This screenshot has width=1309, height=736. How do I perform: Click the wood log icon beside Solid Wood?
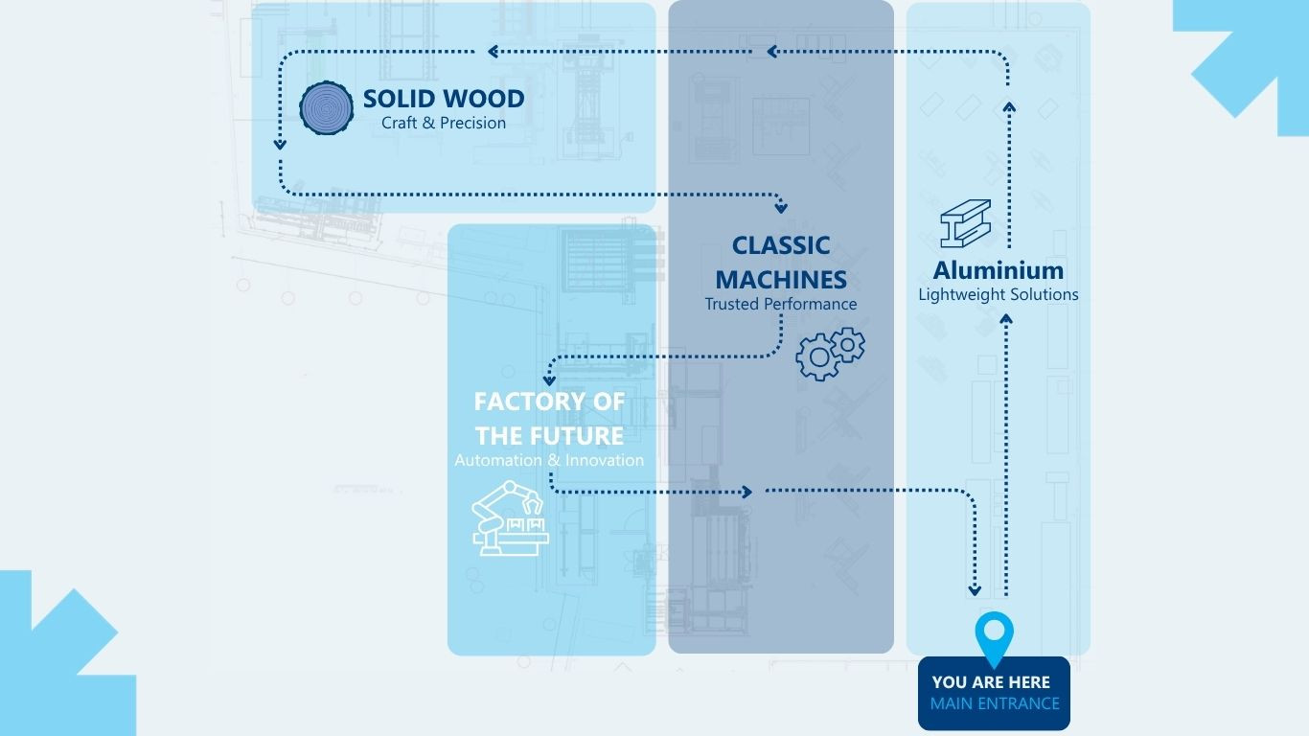(328, 107)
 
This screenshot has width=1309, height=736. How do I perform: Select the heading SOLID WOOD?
(444, 99)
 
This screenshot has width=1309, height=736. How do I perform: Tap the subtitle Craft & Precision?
(444, 123)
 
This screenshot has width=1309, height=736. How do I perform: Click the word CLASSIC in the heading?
(781, 245)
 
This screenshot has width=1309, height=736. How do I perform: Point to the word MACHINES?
(781, 280)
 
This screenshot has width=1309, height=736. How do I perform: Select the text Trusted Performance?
(781, 304)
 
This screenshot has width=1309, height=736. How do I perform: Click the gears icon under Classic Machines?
(830, 354)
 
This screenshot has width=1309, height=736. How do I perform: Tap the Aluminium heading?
(999, 270)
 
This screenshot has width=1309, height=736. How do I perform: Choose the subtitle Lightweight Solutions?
(999, 294)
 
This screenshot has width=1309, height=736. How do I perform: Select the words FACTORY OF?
(550, 401)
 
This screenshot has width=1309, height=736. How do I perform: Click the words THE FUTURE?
(550, 436)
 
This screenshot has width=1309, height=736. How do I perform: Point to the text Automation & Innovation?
(549, 460)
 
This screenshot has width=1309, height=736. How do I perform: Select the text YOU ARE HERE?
(991, 682)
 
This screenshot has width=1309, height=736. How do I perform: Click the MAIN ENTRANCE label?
(995, 703)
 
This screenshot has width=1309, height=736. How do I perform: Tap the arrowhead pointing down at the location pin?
(976, 590)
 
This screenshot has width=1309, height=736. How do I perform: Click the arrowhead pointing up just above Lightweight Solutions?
(1007, 322)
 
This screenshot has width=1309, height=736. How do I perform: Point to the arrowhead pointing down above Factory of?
(549, 380)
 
